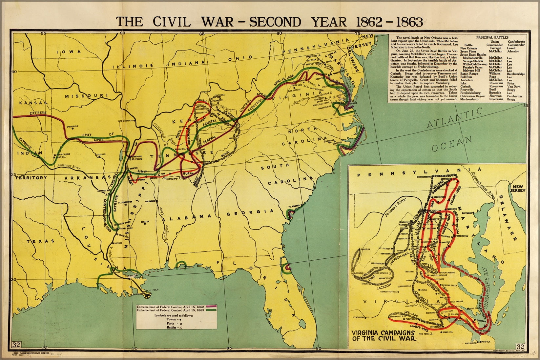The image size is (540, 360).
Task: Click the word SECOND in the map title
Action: coord(275,21)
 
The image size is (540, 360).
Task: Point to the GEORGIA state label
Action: coord(250,213)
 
